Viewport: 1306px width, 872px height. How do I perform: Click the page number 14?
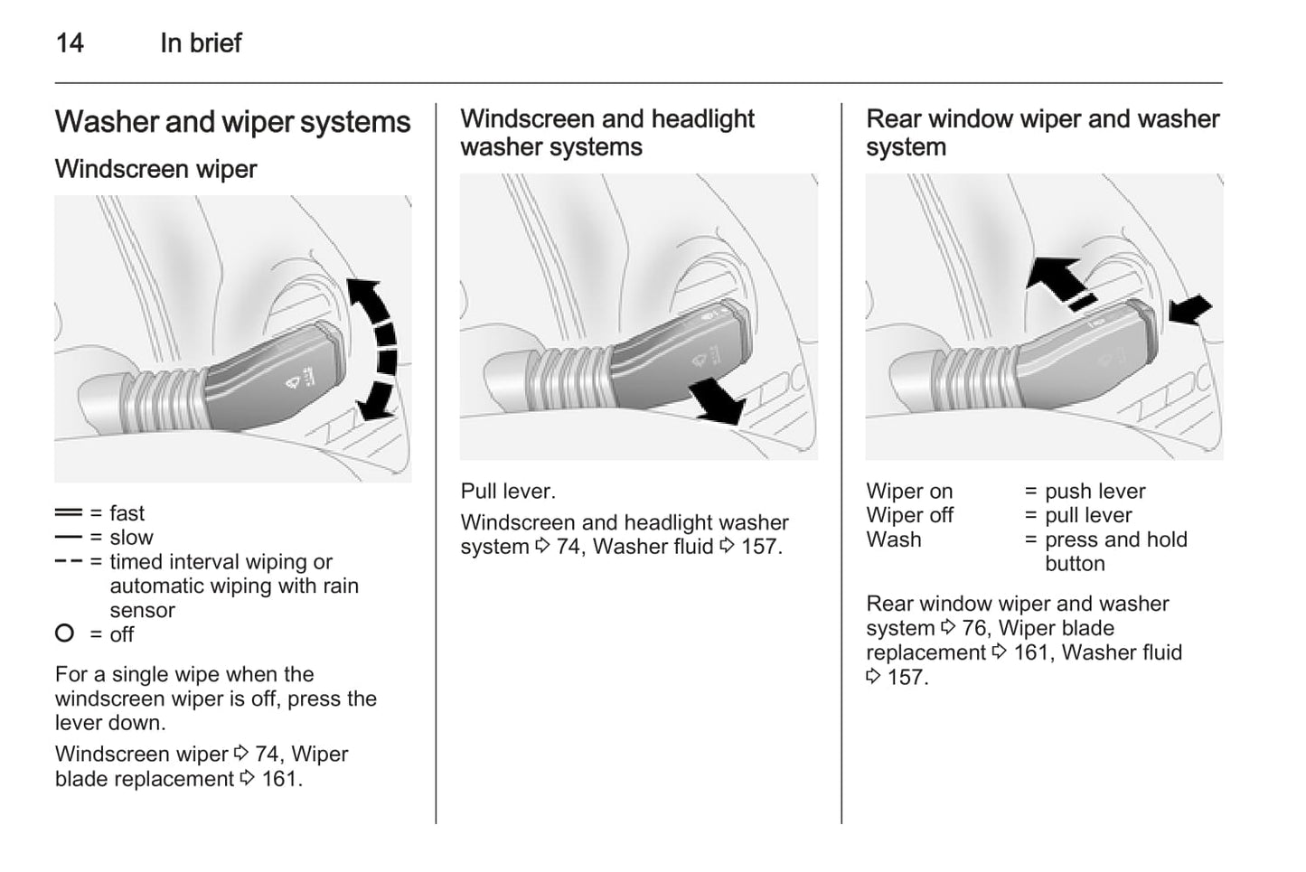[70, 42]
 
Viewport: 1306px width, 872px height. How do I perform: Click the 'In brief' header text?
[201, 42]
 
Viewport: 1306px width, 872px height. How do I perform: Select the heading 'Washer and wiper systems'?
[232, 122]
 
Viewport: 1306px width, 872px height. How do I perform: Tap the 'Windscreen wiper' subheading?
[155, 169]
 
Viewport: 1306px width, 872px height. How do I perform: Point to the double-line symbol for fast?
[68, 513]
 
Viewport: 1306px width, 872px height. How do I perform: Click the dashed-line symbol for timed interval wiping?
[68, 562]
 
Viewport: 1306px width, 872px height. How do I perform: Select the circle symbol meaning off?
[64, 633]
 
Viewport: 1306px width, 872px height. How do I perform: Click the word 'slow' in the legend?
[131, 538]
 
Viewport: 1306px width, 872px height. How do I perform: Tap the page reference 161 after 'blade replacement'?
[280, 778]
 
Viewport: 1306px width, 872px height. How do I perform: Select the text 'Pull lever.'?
[508, 492]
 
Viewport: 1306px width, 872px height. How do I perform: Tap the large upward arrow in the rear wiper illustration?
[1056, 276]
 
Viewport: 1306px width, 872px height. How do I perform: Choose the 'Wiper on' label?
[909, 492]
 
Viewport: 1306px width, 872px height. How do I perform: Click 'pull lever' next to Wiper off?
[1088, 515]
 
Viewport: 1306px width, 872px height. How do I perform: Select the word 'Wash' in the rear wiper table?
[894, 539]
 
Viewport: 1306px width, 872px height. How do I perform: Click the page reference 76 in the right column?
[974, 628]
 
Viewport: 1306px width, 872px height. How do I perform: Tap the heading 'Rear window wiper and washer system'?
[1042, 133]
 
